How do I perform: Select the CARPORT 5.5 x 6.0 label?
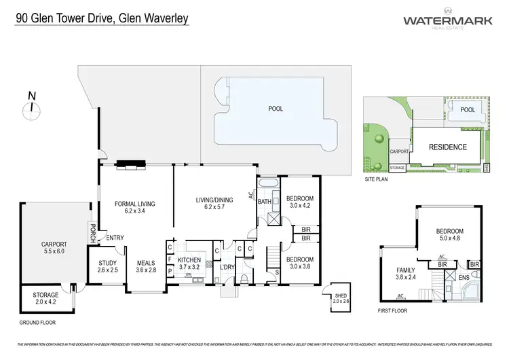[54, 248]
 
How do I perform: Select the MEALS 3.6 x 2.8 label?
[146, 267]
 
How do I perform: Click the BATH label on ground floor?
[265, 202]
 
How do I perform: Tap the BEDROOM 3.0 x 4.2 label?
[299, 201]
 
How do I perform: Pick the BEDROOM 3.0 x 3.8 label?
[299, 263]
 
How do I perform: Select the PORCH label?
[91, 233]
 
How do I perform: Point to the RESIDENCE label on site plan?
[447, 147]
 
